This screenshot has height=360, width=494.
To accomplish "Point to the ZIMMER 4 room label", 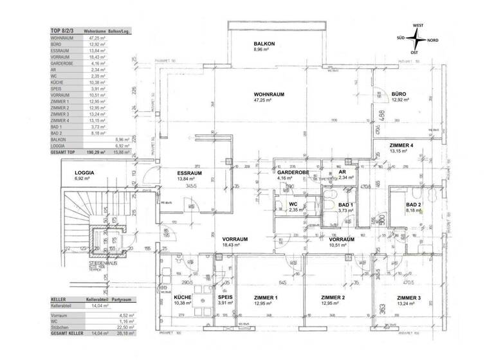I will tap(401, 145).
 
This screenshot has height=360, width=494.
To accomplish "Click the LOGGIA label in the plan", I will tap(85, 173).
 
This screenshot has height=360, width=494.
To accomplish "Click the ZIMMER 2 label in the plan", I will tap(333, 297).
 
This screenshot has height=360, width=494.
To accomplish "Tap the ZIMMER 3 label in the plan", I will tap(409, 297).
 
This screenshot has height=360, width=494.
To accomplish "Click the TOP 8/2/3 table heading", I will tap(62, 30).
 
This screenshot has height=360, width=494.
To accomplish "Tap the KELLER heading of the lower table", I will tap(59, 300).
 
